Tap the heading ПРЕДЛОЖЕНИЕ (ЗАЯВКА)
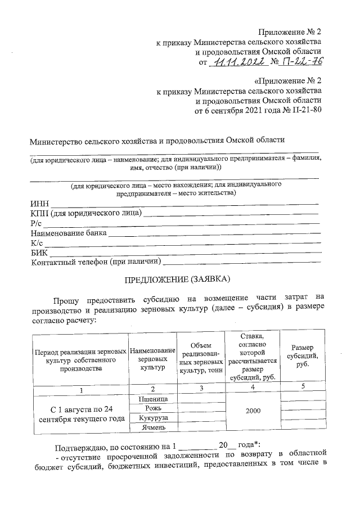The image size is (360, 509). (x=178, y=279)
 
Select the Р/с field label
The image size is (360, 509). (x=37, y=223)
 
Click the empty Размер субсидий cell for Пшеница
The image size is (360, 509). (x=302, y=398)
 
